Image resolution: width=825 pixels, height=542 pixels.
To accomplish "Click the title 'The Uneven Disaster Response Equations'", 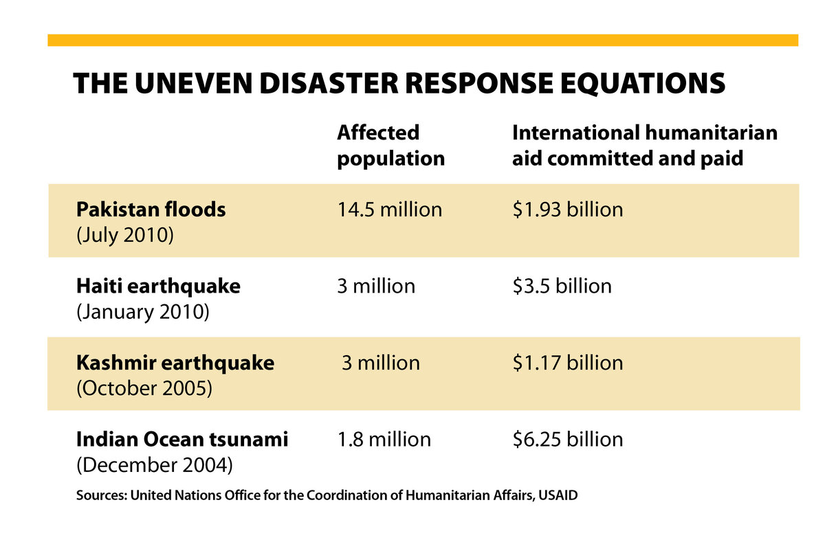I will coord(399,83).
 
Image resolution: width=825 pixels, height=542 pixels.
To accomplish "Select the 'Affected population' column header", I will coord(390,145).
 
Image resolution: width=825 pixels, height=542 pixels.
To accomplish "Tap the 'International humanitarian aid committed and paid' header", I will coord(644,145).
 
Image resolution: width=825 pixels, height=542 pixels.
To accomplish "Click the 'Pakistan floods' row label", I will coord(151,209).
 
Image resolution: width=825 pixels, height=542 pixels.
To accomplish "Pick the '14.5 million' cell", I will coord(389,209).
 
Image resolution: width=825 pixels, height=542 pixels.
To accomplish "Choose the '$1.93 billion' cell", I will coord(568,209).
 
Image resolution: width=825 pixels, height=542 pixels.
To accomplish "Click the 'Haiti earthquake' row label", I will coord(158,286).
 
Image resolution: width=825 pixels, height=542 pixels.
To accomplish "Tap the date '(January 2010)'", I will coord(142,311).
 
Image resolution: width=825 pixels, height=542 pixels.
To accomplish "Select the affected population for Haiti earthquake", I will coord(376,286).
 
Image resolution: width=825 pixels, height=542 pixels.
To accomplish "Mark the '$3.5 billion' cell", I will coord(562,286).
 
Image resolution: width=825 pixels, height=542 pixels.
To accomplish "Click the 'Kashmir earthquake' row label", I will coord(175,363).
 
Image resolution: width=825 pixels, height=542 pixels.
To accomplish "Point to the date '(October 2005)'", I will coord(143,388).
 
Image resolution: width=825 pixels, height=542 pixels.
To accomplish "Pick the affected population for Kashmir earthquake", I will coord(380,363).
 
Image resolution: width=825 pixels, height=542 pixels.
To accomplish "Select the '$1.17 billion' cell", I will coord(568,363).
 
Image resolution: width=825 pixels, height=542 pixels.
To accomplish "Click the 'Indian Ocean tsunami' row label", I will coord(182,439).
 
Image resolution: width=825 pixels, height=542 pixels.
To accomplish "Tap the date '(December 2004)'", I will coord(154,464).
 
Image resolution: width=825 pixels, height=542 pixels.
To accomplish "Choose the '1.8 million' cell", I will coord(384,439).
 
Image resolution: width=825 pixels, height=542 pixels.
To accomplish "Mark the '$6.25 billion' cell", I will coord(568,439).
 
